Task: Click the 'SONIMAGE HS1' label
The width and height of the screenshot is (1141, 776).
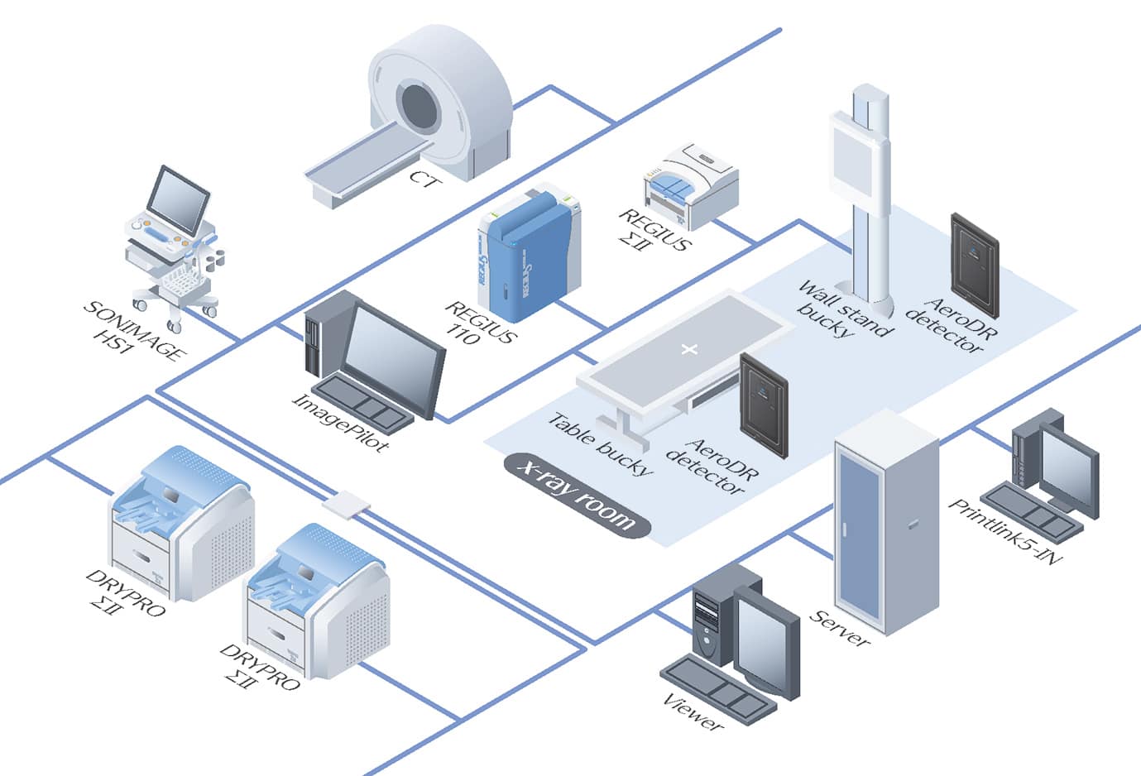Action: tap(133, 332)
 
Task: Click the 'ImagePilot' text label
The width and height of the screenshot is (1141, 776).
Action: tap(340, 422)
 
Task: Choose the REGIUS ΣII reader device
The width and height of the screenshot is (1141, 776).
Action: tap(692, 187)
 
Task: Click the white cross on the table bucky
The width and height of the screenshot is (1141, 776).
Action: tap(689, 349)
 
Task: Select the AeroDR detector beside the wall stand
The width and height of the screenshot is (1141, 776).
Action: tap(974, 266)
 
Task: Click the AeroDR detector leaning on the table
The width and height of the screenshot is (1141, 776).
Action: tap(763, 406)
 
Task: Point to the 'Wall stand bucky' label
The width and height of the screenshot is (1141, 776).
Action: tap(844, 310)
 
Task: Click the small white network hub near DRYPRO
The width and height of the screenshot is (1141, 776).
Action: tap(343, 504)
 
